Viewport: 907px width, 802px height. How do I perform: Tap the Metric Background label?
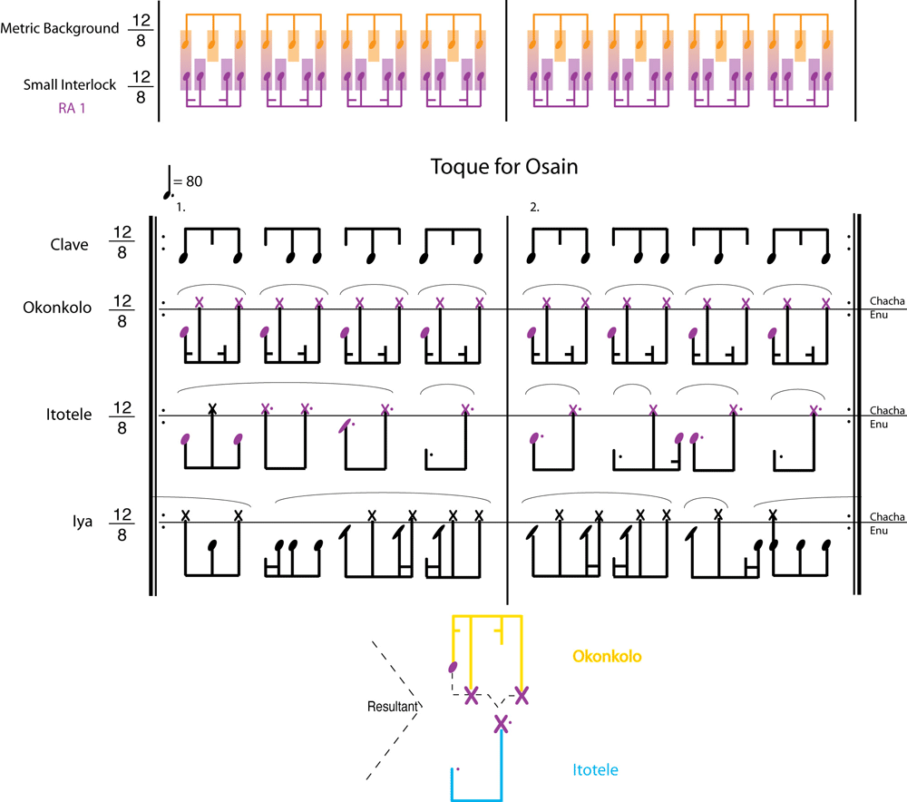[x=60, y=28]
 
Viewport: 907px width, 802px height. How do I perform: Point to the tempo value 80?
[x=193, y=181]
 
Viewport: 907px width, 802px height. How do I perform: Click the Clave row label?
[x=70, y=244]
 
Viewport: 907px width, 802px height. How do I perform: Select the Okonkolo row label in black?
[x=57, y=307]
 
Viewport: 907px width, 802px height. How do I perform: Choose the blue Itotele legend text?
[x=596, y=770]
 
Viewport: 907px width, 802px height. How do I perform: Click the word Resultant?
[x=392, y=705]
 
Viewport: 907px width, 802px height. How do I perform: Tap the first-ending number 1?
[x=181, y=207]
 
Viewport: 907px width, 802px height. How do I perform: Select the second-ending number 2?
[x=534, y=207]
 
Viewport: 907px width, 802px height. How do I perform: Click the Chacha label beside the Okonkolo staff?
[x=886, y=300]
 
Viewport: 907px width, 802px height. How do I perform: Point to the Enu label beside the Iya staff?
[x=878, y=530]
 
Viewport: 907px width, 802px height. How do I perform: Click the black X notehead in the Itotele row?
[x=212, y=408]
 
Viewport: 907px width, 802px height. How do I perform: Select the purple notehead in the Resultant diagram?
[x=453, y=669]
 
